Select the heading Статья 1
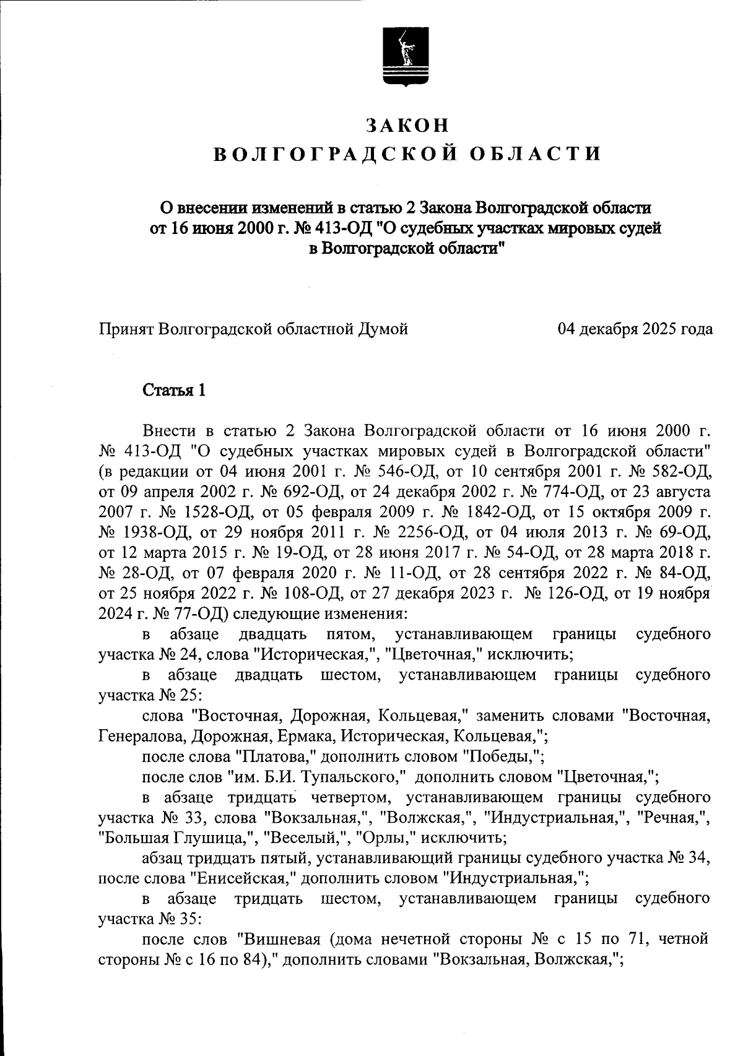pos(174,391)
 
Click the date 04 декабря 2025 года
pos(635,329)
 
